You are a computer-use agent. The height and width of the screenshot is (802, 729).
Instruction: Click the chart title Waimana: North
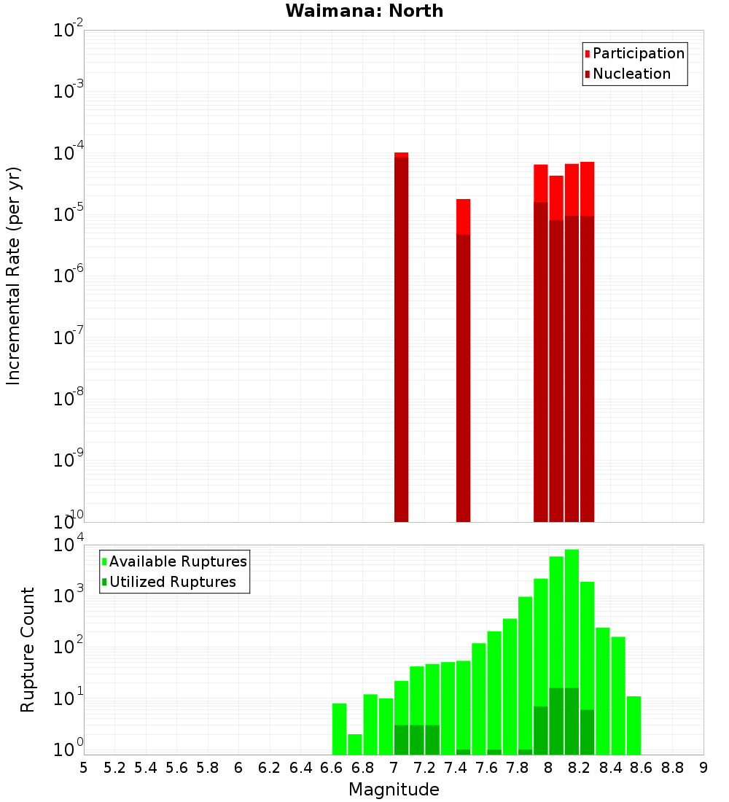[x=364, y=11]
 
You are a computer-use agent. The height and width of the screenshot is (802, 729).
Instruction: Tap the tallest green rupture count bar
[x=572, y=620]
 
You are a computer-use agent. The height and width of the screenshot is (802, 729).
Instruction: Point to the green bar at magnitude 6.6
[x=339, y=729]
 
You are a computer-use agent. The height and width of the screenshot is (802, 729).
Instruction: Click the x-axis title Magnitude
[x=394, y=790]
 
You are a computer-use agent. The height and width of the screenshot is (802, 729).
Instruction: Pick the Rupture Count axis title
[x=28, y=650]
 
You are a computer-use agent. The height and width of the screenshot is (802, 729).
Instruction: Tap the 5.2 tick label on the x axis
[x=114, y=767]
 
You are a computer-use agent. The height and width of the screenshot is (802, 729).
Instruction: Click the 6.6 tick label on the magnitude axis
[x=332, y=767]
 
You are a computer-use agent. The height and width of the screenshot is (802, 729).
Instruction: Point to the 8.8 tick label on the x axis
[x=672, y=767]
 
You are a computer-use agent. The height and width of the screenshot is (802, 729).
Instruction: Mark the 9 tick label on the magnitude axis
[x=703, y=767]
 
